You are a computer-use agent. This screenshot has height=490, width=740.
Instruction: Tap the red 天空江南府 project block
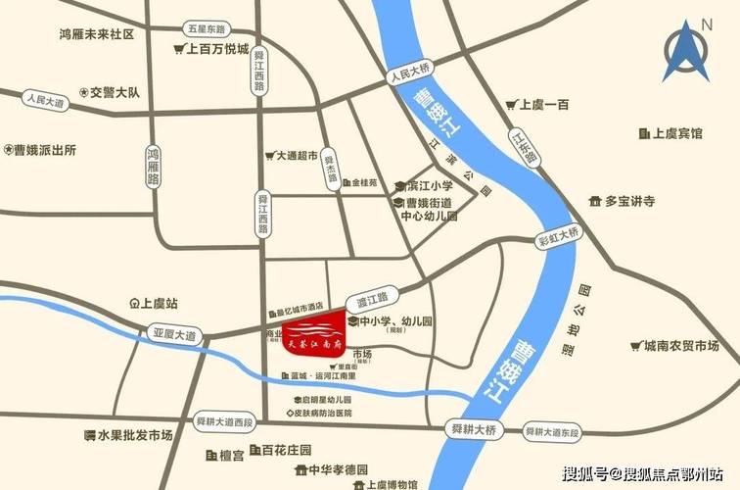(315, 332)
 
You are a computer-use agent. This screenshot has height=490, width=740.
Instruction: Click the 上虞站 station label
(156, 304)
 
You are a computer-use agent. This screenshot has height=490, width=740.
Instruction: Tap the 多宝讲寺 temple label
(627, 201)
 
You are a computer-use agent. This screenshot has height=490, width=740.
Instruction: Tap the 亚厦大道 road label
(174, 335)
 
